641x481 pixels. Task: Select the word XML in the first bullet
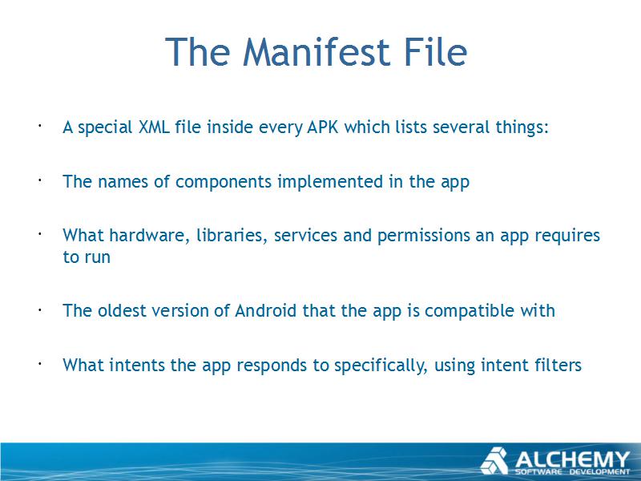[154, 127]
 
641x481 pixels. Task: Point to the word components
[224, 183]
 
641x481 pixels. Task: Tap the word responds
[272, 366]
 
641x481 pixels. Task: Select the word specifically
[381, 366]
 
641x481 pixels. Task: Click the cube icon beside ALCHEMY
[494, 462]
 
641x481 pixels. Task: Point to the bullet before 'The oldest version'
[40, 310]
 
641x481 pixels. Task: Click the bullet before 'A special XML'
[40, 126]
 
